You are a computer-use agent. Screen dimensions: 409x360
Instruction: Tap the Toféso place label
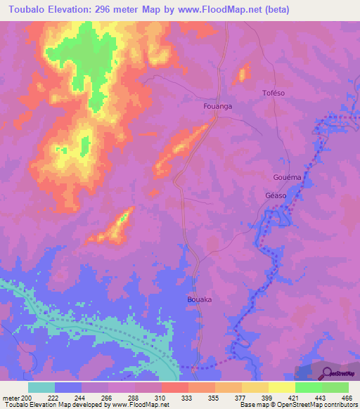pyautogui.click(x=274, y=93)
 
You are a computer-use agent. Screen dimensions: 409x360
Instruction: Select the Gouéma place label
pyautogui.click(x=287, y=178)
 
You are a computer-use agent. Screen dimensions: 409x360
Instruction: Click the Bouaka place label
pyautogui.click(x=200, y=299)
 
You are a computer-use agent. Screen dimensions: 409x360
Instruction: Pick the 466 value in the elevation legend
pyautogui.click(x=347, y=397)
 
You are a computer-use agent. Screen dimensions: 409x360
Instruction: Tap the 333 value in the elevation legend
pyautogui.click(x=186, y=397)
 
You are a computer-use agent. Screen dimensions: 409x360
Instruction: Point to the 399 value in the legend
pyautogui.click(x=266, y=397)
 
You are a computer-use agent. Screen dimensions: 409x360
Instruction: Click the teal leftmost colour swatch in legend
pyautogui.click(x=41, y=387)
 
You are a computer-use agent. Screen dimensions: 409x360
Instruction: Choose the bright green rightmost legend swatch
pyautogui.click(x=335, y=387)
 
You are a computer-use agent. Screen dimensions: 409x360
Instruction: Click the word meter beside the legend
pyautogui.click(x=9, y=397)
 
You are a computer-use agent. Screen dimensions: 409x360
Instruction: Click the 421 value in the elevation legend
pyautogui.click(x=293, y=397)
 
